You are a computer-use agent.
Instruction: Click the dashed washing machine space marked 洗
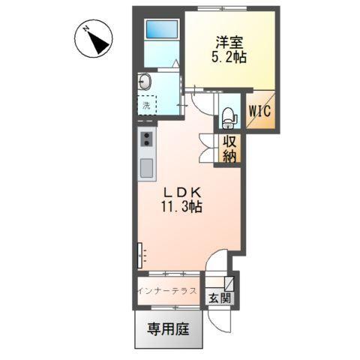[x=147, y=105]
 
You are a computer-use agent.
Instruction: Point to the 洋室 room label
[x=223, y=43]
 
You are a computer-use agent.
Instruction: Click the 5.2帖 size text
[x=223, y=58]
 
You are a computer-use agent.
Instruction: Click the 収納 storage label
[x=229, y=148]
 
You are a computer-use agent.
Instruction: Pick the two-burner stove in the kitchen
[x=147, y=139]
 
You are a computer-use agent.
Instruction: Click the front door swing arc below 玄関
[x=219, y=318]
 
